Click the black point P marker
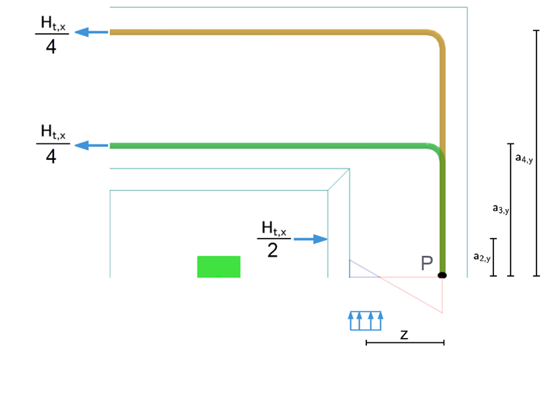point(442,275)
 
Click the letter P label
point(427,264)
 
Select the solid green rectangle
point(218,266)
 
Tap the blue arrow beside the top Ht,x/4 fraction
point(92,32)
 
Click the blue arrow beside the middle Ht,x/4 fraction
point(92,145)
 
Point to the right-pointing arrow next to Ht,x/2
point(310,239)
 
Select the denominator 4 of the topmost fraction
point(51,48)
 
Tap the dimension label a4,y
point(524,157)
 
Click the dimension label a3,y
point(500,209)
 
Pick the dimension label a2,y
point(482,256)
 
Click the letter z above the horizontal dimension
point(405,334)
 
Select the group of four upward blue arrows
point(366,321)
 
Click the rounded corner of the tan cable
point(436,39)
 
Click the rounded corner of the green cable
point(435,152)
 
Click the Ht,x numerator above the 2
point(273,229)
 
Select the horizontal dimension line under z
point(405,343)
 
